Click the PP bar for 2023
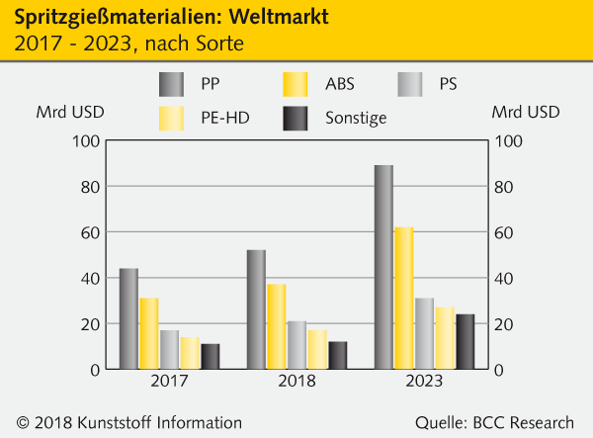pyautogui.click(x=383, y=267)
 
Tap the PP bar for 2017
pyautogui.click(x=128, y=318)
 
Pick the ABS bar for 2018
pyautogui.click(x=276, y=326)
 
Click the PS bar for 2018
pyautogui.click(x=296, y=345)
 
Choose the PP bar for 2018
pyautogui.click(x=256, y=309)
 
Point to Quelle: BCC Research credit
pyautogui.click(x=493, y=422)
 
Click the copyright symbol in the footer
pyautogui.click(x=24, y=422)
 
